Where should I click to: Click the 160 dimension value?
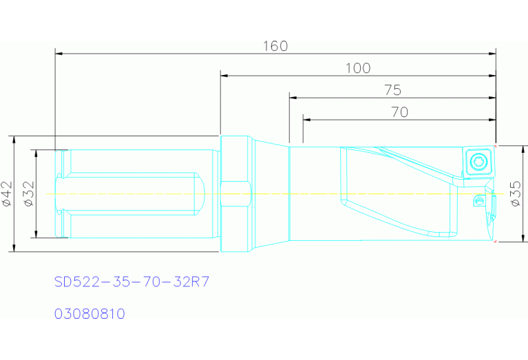click(x=275, y=46)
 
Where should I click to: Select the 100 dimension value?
click(x=358, y=68)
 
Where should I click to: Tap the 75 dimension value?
click(x=392, y=90)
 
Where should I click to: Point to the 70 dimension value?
click(x=400, y=112)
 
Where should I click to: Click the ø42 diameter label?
click(x=7, y=193)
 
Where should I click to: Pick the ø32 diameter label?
click(x=28, y=193)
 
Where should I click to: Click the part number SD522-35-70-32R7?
click(x=131, y=282)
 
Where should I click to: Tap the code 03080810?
click(x=89, y=314)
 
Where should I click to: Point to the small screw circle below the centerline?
click(x=479, y=200)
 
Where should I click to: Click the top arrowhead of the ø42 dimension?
click(x=14, y=139)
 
